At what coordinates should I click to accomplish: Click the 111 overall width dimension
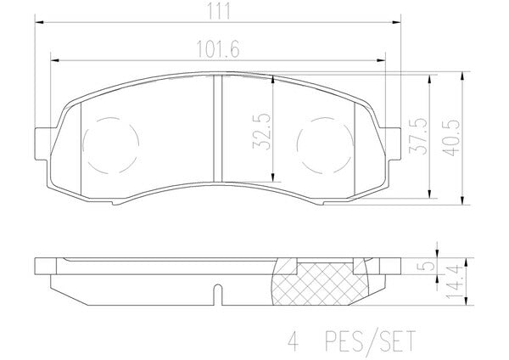click(x=219, y=11)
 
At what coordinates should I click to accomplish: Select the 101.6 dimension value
click(x=218, y=50)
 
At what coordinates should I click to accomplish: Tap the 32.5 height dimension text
click(x=261, y=132)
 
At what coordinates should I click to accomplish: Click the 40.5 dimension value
click(x=451, y=138)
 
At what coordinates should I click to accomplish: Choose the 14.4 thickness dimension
click(x=454, y=282)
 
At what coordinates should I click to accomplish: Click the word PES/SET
click(x=371, y=340)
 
